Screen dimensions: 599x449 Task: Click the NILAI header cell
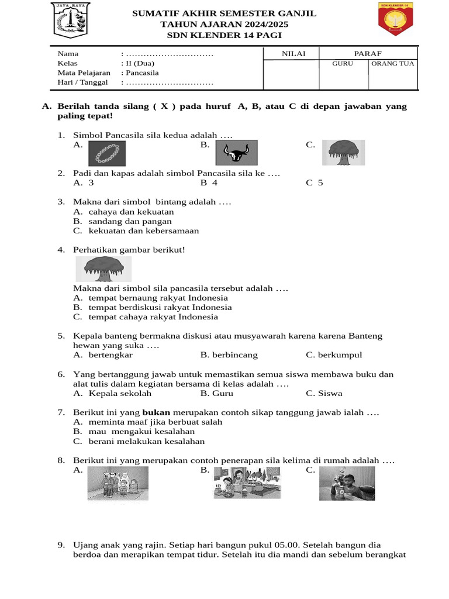click(292, 53)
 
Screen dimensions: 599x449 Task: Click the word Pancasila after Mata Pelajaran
click(141, 73)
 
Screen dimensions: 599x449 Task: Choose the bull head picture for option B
click(237, 154)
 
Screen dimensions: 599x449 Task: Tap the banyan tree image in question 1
click(345, 152)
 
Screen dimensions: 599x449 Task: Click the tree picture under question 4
click(103, 268)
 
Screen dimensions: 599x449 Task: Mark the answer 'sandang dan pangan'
click(130, 221)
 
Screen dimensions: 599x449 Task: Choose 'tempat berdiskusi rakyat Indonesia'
click(160, 307)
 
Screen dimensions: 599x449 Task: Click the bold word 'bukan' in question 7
click(156, 413)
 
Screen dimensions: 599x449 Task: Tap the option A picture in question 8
click(118, 484)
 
